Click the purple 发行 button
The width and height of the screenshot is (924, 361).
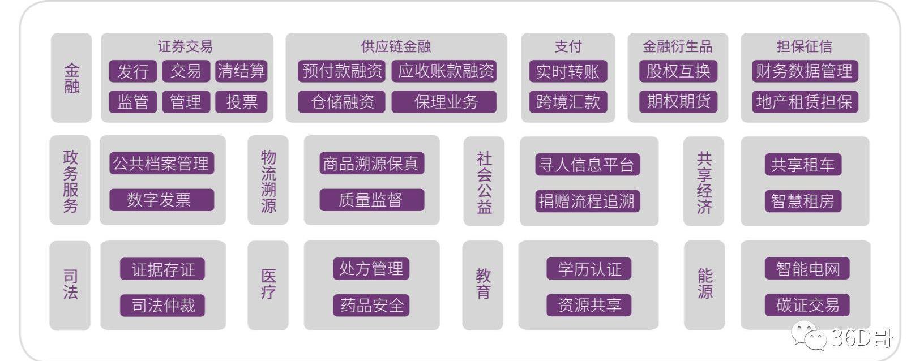(133, 71)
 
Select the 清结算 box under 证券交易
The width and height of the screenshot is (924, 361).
(241, 71)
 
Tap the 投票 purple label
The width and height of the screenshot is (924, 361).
(241, 102)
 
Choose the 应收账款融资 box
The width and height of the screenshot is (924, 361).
(444, 71)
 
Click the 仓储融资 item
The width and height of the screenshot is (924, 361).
(341, 102)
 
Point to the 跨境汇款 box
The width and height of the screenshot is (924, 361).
(568, 102)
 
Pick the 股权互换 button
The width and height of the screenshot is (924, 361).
(678, 71)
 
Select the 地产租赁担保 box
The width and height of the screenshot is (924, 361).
(805, 102)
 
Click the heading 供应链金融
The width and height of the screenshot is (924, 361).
(396, 46)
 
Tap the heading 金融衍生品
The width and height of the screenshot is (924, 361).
(678, 46)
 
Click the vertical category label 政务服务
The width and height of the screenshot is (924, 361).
(70, 180)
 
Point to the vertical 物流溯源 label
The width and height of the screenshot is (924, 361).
(268, 180)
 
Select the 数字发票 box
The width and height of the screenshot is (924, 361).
(162, 200)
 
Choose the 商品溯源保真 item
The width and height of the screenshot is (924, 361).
(371, 163)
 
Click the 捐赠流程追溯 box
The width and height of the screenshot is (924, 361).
(587, 201)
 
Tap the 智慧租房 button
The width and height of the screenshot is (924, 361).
(803, 201)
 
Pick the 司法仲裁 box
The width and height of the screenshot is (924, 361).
(162, 306)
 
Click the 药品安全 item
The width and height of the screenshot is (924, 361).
(371, 306)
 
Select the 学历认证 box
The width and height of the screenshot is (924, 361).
(589, 269)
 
